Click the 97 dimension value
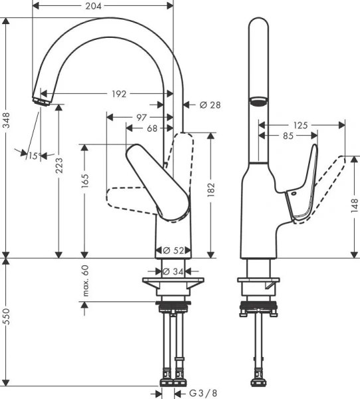click(141, 117)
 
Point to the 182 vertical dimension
click(211, 192)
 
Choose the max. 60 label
click(85, 280)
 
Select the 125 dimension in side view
click(301, 124)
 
